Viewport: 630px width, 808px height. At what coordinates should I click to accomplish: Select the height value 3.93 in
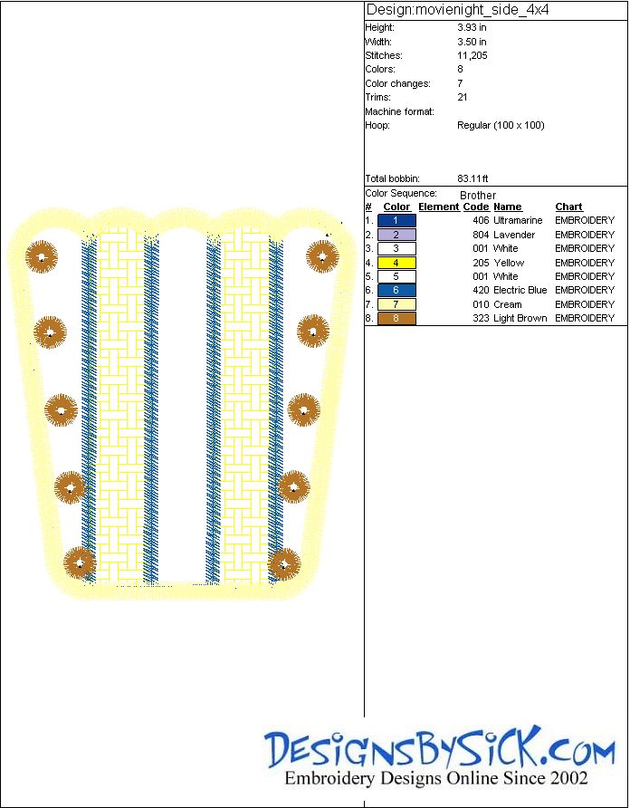pos(472,28)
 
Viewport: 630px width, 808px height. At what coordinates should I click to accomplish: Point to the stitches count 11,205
pos(472,55)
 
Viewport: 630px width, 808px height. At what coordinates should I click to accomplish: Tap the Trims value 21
pos(462,97)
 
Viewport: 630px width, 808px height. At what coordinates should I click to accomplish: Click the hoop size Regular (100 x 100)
pos(501,125)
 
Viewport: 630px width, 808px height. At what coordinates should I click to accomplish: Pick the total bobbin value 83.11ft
pos(472,178)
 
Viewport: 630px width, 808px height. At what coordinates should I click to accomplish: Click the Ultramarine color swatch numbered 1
pos(396,220)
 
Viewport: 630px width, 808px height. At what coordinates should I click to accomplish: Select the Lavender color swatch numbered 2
pos(396,235)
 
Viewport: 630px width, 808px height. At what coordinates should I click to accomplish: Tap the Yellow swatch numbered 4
pos(396,263)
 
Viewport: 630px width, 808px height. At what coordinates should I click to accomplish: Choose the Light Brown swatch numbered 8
pos(396,318)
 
